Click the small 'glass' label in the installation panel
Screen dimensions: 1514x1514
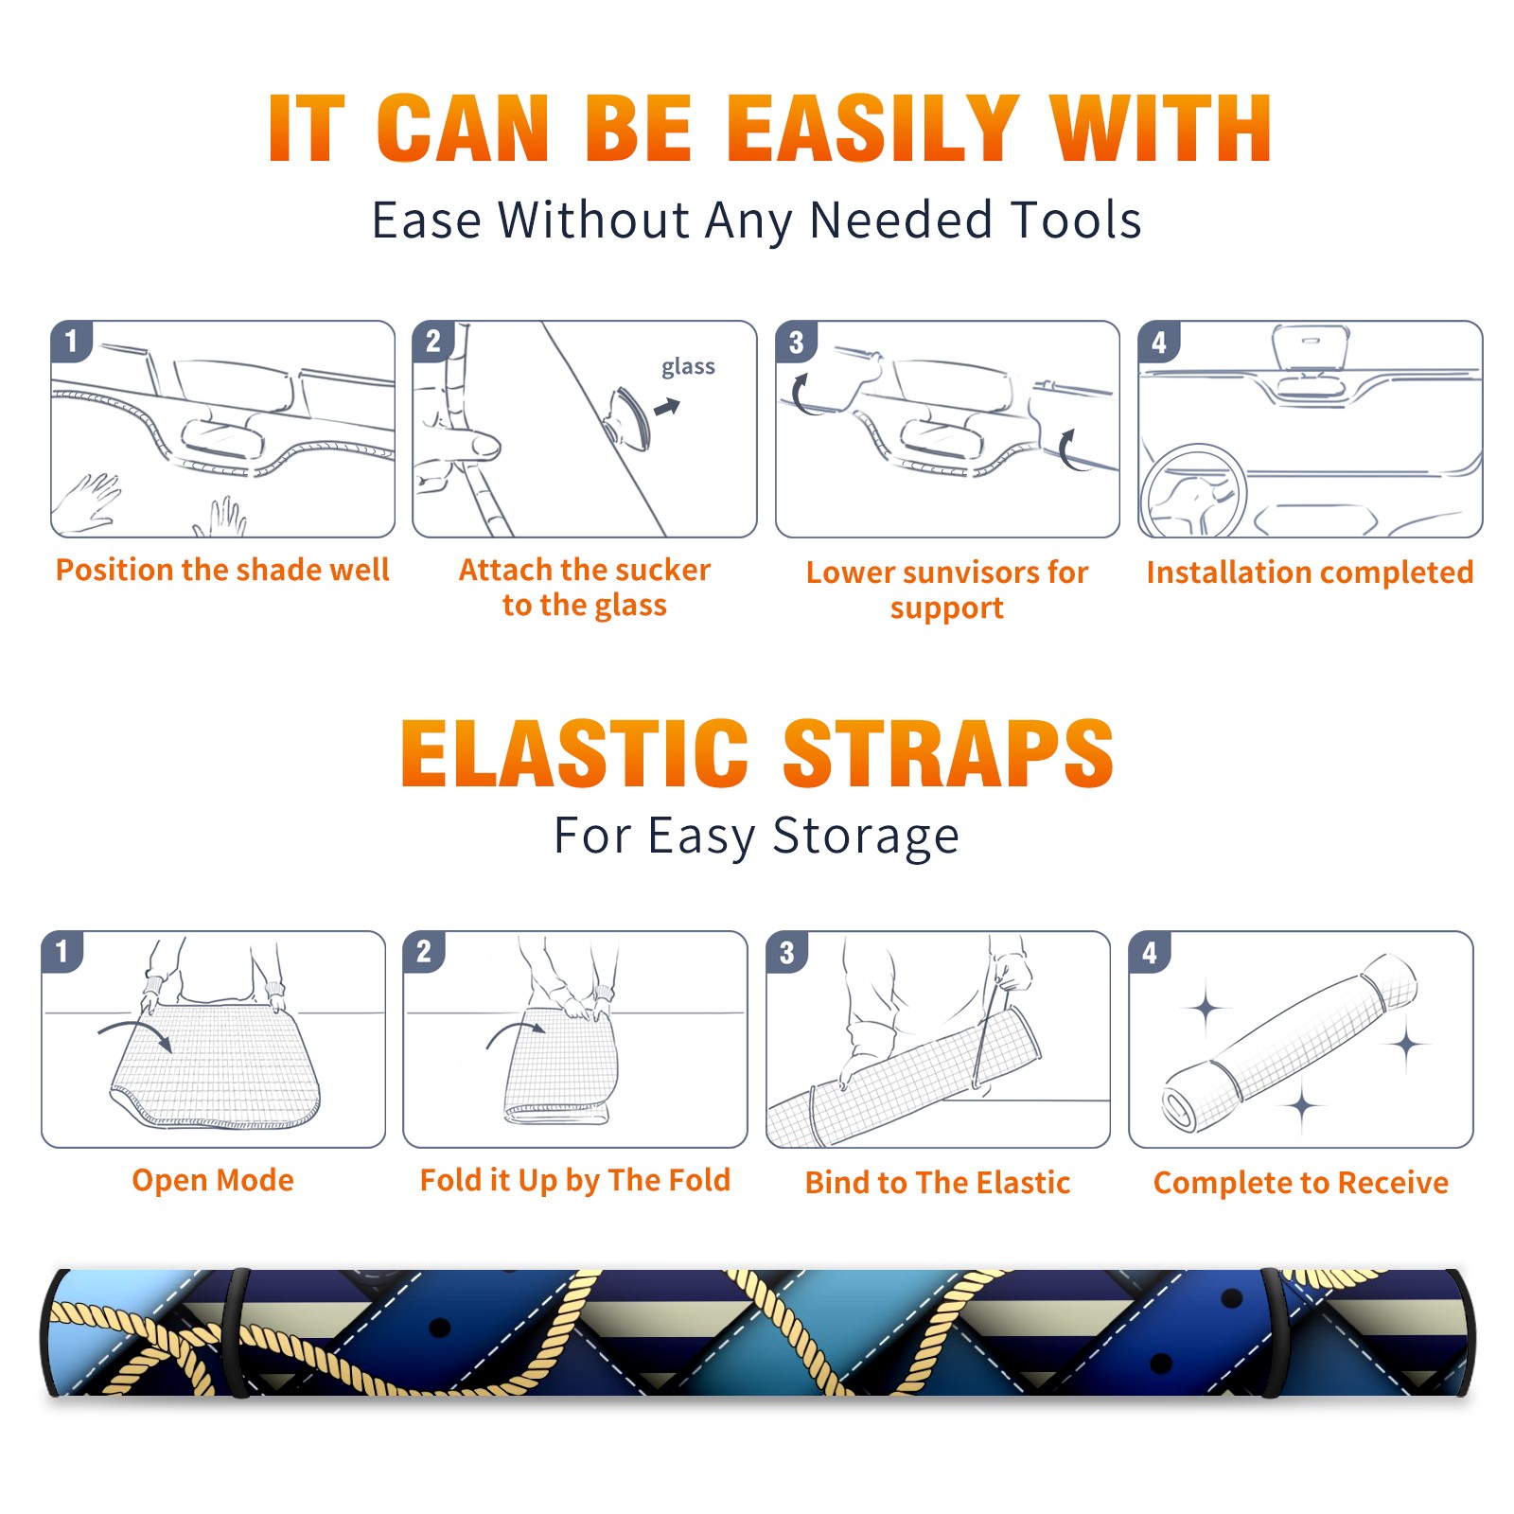[x=688, y=367]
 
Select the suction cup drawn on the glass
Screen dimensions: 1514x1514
[x=629, y=417]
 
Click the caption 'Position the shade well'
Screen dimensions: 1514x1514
[x=222, y=570]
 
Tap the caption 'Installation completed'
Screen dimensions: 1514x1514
[x=1310, y=572]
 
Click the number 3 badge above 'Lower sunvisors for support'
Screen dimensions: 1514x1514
[x=796, y=342]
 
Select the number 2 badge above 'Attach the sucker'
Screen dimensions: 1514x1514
[x=433, y=341]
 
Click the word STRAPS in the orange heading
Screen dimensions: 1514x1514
[x=948, y=753]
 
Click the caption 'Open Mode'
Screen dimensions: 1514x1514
[x=213, y=1180]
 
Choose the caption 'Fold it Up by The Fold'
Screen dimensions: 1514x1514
[x=575, y=1180]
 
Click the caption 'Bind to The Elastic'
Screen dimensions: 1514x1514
[x=938, y=1183]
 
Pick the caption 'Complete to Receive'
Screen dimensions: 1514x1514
[x=1301, y=1183]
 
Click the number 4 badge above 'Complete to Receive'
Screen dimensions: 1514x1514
[x=1150, y=952]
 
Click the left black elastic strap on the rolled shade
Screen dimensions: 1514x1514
[x=237, y=1332]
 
